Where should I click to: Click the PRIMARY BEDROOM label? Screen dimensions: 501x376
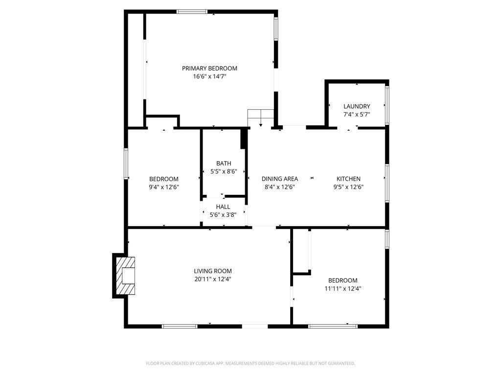coord(209,69)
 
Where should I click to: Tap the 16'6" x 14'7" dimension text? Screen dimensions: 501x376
coord(209,76)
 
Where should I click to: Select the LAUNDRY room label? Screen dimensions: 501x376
coord(357,106)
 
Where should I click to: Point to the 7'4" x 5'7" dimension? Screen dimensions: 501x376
coord(357,115)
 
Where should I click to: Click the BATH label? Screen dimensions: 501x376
coord(224,164)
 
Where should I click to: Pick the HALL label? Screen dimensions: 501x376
coord(223,207)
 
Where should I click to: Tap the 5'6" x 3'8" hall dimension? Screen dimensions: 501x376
coord(223,215)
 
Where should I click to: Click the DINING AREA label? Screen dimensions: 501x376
coord(280,179)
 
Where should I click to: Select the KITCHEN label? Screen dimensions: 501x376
coord(348,179)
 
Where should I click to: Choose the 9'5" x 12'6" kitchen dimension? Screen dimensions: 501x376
coord(348,187)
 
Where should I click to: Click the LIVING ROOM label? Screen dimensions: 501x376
coord(213,271)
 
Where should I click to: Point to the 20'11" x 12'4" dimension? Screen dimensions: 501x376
coord(213,279)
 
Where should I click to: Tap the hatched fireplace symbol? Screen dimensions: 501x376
coord(125,276)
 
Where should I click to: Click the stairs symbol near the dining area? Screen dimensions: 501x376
coord(261,117)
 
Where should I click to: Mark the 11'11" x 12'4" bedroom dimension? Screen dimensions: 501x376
coord(343,289)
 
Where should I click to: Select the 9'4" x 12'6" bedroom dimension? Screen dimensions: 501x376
coord(164,187)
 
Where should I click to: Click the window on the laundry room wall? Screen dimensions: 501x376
coord(387,105)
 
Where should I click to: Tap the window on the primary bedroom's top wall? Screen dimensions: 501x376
coord(192,12)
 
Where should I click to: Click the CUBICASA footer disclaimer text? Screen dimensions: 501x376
coord(250,364)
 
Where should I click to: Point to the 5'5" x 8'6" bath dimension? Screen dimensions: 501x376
coord(224,171)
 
